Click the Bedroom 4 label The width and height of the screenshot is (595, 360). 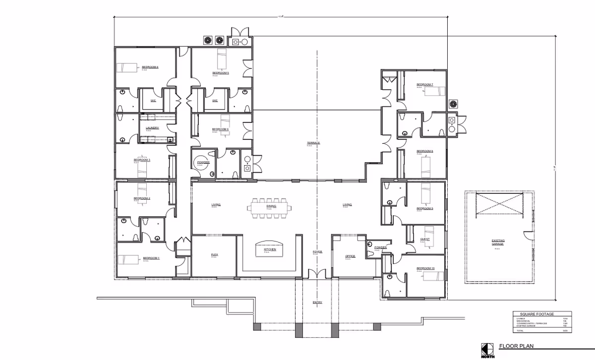click(150, 67)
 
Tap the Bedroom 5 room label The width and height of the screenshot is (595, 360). click(221, 73)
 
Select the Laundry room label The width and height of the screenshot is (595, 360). click(152, 128)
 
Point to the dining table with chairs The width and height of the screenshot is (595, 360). click(270, 208)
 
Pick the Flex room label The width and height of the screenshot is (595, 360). click(215, 254)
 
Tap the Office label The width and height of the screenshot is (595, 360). click(350, 256)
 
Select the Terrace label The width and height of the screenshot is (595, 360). click(313, 143)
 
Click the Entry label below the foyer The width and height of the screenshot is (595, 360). click(317, 302)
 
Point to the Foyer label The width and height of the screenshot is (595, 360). click(317, 252)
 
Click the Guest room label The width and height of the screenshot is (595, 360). click(425, 239)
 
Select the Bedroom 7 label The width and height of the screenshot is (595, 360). click(425, 85)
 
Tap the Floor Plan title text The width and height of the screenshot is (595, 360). click(516, 346)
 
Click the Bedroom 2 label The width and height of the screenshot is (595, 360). click(142, 198)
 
